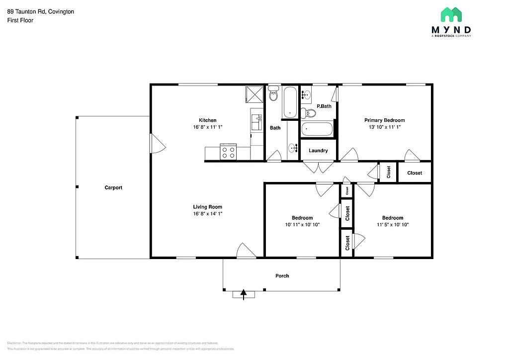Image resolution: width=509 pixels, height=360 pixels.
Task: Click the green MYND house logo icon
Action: [x=451, y=15]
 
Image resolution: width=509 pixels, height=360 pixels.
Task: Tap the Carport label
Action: [x=113, y=187]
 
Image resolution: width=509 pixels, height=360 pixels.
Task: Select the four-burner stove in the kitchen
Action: [x=228, y=152]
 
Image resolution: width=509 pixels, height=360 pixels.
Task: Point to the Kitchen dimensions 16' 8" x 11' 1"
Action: [x=208, y=127]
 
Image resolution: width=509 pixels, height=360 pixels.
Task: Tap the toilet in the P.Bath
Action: [x=309, y=112]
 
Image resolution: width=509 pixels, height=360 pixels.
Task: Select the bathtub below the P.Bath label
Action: [x=317, y=129]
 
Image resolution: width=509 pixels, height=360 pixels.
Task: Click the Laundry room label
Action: [x=318, y=151]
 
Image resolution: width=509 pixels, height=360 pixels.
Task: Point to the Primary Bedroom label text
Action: [x=384, y=120]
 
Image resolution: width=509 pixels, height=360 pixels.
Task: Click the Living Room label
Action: [x=208, y=207]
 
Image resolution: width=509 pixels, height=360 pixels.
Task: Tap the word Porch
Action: [x=282, y=275]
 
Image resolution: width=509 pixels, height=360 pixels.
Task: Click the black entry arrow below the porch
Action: [x=244, y=294]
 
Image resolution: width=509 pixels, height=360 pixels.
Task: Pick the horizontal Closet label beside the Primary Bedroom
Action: [x=415, y=173]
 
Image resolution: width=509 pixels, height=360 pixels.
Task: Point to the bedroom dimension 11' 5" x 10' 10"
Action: [x=392, y=225]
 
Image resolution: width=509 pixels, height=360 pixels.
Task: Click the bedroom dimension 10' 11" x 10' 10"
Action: [x=302, y=225]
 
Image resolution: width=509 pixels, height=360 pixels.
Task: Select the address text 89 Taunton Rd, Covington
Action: [x=41, y=11]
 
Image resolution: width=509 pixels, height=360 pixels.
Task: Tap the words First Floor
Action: [x=20, y=20]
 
